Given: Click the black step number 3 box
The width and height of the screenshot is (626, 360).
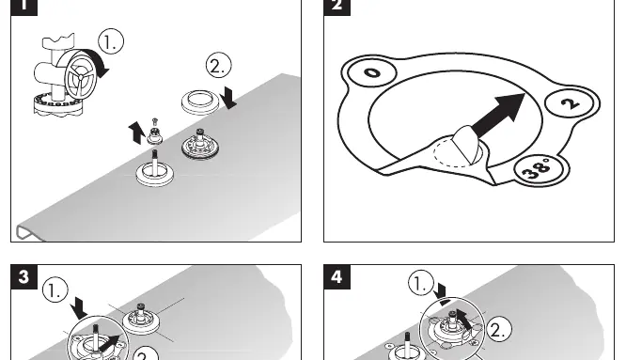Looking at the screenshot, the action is pyautogui.click(x=23, y=276).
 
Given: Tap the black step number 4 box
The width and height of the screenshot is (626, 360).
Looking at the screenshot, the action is pyautogui.click(x=336, y=276).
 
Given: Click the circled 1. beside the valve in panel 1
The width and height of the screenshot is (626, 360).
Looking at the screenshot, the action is pyautogui.click(x=111, y=41).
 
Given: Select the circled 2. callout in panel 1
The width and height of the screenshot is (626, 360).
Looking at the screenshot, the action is pyautogui.click(x=219, y=66).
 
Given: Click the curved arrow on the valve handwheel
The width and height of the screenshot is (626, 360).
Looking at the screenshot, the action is pyautogui.click(x=99, y=61).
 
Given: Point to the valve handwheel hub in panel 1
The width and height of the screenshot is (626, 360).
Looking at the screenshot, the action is pyautogui.click(x=81, y=76).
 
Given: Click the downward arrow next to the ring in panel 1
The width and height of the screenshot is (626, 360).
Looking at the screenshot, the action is pyautogui.click(x=228, y=98).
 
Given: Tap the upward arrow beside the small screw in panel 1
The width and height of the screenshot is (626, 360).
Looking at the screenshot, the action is pyautogui.click(x=136, y=133).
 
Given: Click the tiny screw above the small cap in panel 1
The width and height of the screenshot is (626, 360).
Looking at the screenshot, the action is pyautogui.click(x=155, y=121).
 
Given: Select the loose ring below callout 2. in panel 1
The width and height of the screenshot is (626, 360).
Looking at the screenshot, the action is pyautogui.click(x=200, y=102).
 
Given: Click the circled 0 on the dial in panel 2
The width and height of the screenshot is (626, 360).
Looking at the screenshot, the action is pyautogui.click(x=372, y=72).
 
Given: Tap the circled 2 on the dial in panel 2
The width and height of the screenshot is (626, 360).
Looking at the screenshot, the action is pyautogui.click(x=571, y=103).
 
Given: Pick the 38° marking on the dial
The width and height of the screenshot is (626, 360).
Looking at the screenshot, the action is pyautogui.click(x=539, y=169).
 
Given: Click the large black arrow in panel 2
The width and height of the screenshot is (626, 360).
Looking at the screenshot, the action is pyautogui.click(x=499, y=115).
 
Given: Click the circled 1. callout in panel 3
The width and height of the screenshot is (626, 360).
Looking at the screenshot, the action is pyautogui.click(x=55, y=290).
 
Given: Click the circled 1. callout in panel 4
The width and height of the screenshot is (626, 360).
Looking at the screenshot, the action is pyautogui.click(x=421, y=283).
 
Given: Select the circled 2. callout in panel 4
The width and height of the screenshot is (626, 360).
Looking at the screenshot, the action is pyautogui.click(x=498, y=329).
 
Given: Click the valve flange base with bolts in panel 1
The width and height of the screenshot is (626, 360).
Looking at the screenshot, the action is pyautogui.click(x=58, y=107).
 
